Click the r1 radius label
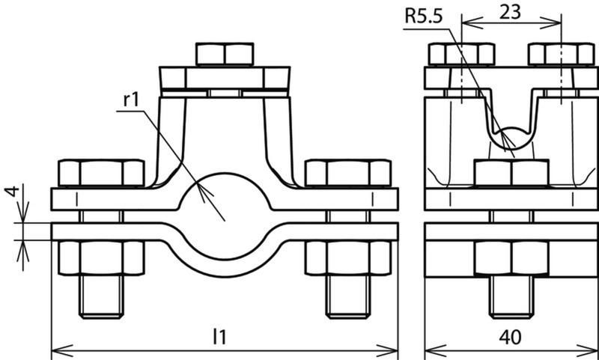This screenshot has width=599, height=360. (130, 100)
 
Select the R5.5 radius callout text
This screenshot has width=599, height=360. (423, 17)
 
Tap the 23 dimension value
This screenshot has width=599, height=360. (510, 12)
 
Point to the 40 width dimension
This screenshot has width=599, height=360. (511, 337)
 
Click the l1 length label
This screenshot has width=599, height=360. (219, 337)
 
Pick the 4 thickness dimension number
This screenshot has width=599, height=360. (13, 191)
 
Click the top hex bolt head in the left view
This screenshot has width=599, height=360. (225, 54)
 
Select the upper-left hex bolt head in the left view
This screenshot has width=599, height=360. (101, 173)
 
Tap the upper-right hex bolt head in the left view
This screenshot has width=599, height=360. (348, 173)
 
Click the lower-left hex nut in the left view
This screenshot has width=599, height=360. (101, 257)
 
